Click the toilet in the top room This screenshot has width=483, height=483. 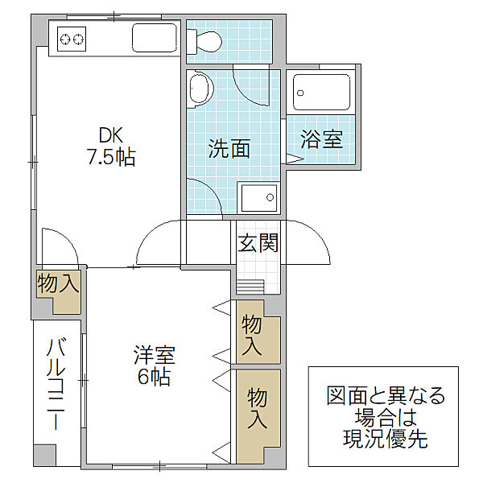click(x=204, y=41)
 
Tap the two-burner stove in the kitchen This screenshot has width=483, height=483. click(x=72, y=39)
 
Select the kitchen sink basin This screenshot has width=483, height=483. click(x=155, y=38)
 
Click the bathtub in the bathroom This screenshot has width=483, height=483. click(x=321, y=93)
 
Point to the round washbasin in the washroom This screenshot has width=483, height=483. click(x=200, y=89)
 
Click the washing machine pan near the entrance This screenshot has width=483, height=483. click(x=258, y=198)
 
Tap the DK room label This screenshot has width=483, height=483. click(x=111, y=134)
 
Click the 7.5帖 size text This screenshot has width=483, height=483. click(x=112, y=157)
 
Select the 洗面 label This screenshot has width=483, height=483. click(x=229, y=148)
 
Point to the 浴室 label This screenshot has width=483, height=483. click(x=321, y=139)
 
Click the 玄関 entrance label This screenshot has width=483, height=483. click(x=258, y=243)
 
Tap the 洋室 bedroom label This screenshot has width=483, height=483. click(x=155, y=355)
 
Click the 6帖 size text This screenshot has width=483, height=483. click(x=154, y=377)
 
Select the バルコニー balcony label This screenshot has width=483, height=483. click(x=56, y=383)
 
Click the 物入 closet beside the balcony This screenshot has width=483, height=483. click(x=58, y=291)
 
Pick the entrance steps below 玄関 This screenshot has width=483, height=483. click(x=250, y=287)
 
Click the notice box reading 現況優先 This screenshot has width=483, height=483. click(x=383, y=416)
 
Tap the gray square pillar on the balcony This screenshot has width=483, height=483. click(x=44, y=456)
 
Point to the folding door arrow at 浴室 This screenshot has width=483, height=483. click(x=295, y=159)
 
